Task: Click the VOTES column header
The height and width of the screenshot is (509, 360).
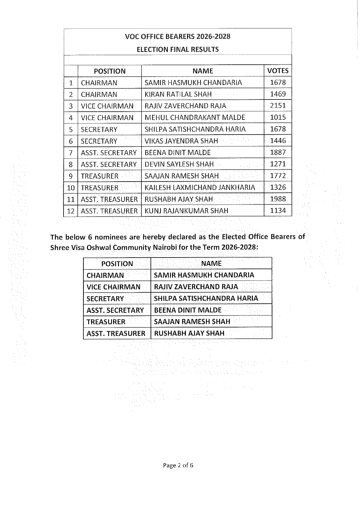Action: click(278, 71)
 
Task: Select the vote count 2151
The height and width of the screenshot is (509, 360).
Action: click(278, 106)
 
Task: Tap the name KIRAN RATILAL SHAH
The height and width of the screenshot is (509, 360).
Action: click(178, 94)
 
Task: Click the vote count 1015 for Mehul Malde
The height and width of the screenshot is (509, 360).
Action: click(278, 117)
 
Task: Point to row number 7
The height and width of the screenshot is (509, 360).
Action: click(70, 153)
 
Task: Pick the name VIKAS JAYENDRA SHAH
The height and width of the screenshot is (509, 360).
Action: click(181, 141)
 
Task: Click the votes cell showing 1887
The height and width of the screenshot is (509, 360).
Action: click(278, 152)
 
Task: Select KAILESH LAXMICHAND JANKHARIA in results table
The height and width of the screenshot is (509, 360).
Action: click(200, 187)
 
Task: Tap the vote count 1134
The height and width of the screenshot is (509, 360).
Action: click(278, 211)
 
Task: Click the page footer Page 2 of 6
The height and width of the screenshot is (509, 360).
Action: click(178, 465)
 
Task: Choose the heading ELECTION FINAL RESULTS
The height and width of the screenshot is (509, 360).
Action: click(178, 49)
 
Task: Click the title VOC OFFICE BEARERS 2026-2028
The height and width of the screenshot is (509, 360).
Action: click(178, 37)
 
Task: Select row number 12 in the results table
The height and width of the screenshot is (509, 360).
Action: click(70, 211)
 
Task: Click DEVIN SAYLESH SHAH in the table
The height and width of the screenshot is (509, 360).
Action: click(179, 164)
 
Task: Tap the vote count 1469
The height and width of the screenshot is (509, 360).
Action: click(278, 94)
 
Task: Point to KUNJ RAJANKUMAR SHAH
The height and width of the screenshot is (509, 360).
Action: click(186, 211)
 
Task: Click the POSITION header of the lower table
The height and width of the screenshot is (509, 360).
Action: click(117, 264)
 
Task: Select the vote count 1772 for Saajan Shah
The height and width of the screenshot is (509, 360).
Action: click(278, 176)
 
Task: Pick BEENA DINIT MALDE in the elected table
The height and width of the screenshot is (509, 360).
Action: click(188, 310)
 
